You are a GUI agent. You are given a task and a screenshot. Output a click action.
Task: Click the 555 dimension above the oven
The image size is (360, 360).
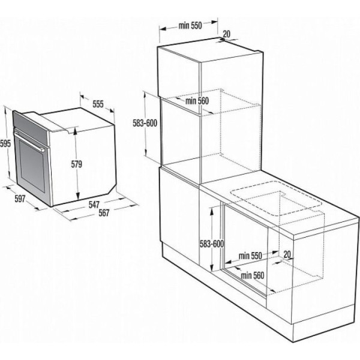98,104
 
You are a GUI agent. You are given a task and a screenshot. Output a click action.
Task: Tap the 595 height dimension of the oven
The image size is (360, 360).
5,144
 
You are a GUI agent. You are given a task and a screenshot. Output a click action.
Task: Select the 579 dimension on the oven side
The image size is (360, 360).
76,164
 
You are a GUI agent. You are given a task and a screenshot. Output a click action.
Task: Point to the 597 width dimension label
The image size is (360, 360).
20,199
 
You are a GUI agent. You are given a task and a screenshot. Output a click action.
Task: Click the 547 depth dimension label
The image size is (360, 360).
94,205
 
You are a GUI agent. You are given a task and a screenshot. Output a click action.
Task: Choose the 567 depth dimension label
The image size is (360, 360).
104,213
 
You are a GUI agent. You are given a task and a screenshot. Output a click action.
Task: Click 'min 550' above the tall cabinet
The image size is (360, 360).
190,25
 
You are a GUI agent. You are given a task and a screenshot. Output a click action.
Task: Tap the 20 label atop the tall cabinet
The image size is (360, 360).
226,34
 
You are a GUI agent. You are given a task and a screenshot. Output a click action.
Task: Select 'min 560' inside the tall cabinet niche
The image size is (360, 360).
197,101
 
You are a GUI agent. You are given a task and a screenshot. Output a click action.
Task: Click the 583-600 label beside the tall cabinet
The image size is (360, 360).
145,123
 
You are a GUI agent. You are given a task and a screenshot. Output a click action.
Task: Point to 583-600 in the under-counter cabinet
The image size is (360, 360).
212,244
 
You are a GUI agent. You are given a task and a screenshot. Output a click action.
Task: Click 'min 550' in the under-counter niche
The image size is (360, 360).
250,256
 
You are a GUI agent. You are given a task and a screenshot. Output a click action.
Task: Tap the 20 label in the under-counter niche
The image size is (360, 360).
287,254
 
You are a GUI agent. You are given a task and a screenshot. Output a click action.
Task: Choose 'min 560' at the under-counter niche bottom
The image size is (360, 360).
253,275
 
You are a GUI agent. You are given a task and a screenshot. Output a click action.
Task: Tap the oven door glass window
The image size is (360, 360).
32,166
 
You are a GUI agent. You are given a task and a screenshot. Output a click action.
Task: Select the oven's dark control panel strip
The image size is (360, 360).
31,128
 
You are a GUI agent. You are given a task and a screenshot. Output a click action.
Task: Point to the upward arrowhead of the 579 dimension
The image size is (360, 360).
76,131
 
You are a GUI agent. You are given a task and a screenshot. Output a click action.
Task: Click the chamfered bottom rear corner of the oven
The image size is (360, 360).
112,190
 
